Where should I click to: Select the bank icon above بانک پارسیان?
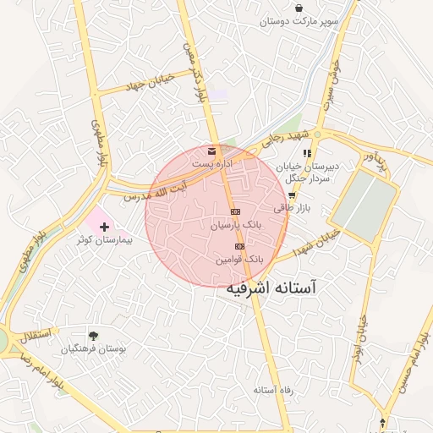[x=236, y=211]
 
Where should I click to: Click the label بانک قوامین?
[x=238, y=260]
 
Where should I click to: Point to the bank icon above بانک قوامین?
[x=238, y=246]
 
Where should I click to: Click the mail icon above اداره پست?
[x=211, y=150]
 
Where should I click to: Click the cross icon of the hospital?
[x=105, y=227]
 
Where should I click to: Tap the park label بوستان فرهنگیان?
[x=94, y=348]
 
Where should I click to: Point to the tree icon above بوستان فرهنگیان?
[x=93, y=333]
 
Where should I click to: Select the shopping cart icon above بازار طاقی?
[x=292, y=195]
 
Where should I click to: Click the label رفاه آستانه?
[x=272, y=390]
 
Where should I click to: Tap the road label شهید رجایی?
[x=284, y=139]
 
